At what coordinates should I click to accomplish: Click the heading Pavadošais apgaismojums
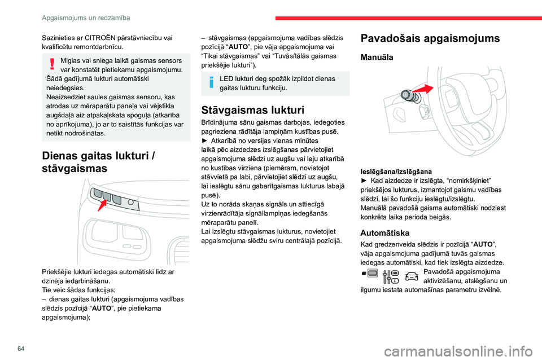tap(430, 38)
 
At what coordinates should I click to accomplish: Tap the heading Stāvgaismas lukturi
tap(253, 110)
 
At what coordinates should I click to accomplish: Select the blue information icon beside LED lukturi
tap(210, 82)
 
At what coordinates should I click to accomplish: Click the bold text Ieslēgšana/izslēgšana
tap(396, 170)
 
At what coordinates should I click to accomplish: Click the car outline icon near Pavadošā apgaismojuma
tap(411, 276)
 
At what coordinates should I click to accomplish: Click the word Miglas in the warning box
tap(72, 60)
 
